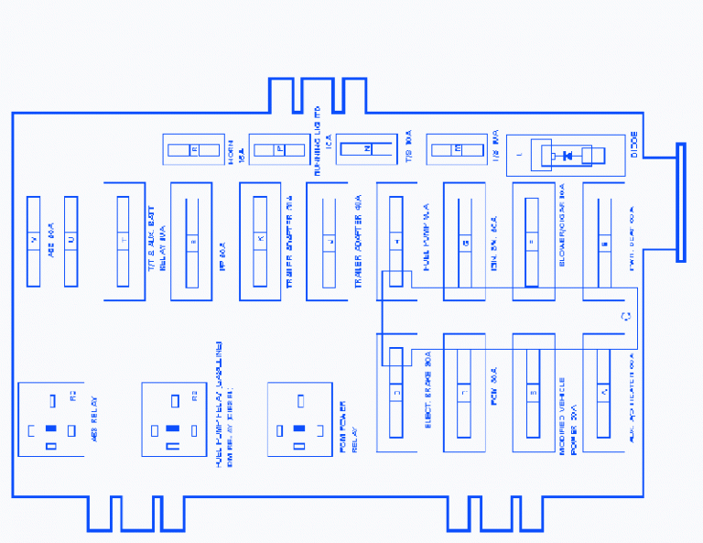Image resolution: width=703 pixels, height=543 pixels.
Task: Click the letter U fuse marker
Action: pyautogui.click(x=70, y=240)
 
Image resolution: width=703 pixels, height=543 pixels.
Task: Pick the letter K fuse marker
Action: pyautogui.click(x=260, y=240)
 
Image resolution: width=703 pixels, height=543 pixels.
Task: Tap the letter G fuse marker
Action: pyautogui.click(x=465, y=242)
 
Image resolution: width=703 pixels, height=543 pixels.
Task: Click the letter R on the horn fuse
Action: pyautogui.click(x=194, y=149)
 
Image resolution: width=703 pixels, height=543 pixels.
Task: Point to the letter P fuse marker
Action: pyautogui.click(x=280, y=149)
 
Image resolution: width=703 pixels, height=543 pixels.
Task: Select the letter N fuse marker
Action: pyautogui.click(x=367, y=149)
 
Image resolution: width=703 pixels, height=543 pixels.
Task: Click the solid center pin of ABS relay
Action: pyautogui.click(x=51, y=429)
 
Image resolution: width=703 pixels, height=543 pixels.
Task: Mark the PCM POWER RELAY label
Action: pyautogui.click(x=347, y=426)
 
